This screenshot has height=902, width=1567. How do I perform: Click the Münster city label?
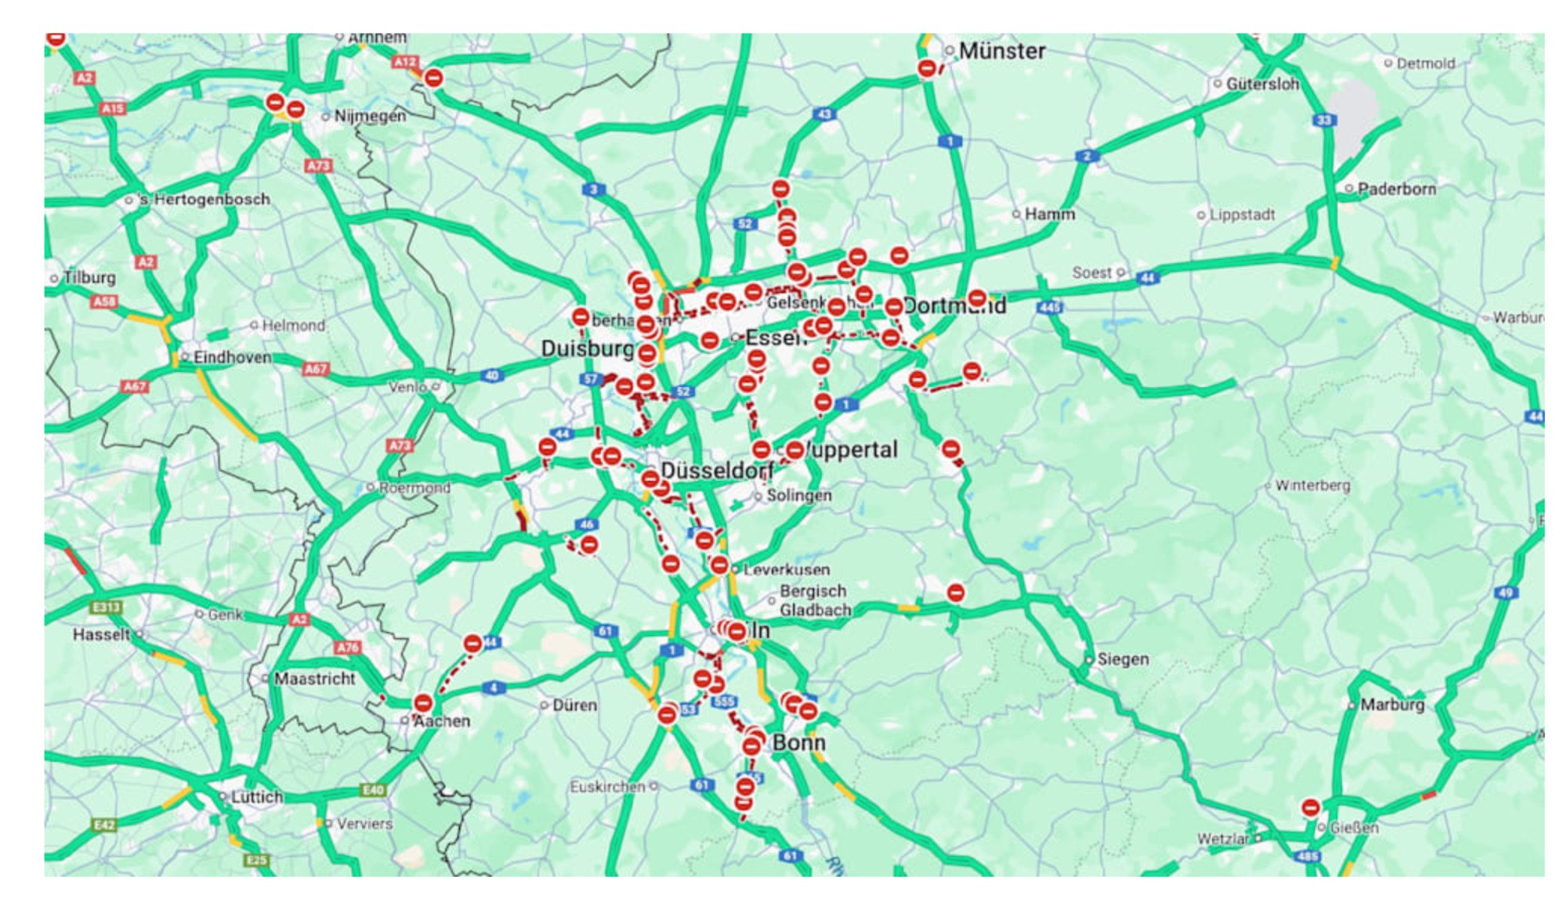click(1001, 52)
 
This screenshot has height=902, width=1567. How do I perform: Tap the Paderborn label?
click(1396, 189)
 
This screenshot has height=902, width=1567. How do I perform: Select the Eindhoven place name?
click(232, 357)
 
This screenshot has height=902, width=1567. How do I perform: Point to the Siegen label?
click(1123, 659)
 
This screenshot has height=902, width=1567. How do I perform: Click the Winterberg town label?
click(1312, 485)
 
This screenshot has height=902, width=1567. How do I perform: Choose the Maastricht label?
click(314, 679)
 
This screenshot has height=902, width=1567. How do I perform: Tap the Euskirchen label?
click(607, 786)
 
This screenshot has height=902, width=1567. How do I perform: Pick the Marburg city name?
click(1391, 705)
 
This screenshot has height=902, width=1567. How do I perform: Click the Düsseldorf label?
click(716, 470)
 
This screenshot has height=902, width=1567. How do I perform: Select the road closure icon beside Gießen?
click(1310, 807)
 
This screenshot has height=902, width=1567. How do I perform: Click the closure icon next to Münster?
click(927, 69)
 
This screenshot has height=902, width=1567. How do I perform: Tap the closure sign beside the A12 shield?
click(433, 78)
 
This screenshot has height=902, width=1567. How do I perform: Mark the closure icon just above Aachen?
click(423, 702)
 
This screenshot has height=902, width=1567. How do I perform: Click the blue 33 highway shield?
click(1324, 120)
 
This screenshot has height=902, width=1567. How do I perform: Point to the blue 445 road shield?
click(1049, 308)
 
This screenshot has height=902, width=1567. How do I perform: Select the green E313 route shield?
click(106, 607)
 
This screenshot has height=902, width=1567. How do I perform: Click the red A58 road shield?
click(104, 301)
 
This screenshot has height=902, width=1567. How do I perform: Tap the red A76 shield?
click(348, 648)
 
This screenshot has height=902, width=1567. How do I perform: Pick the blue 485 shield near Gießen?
click(1307, 857)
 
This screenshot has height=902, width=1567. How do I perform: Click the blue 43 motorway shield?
click(824, 114)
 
